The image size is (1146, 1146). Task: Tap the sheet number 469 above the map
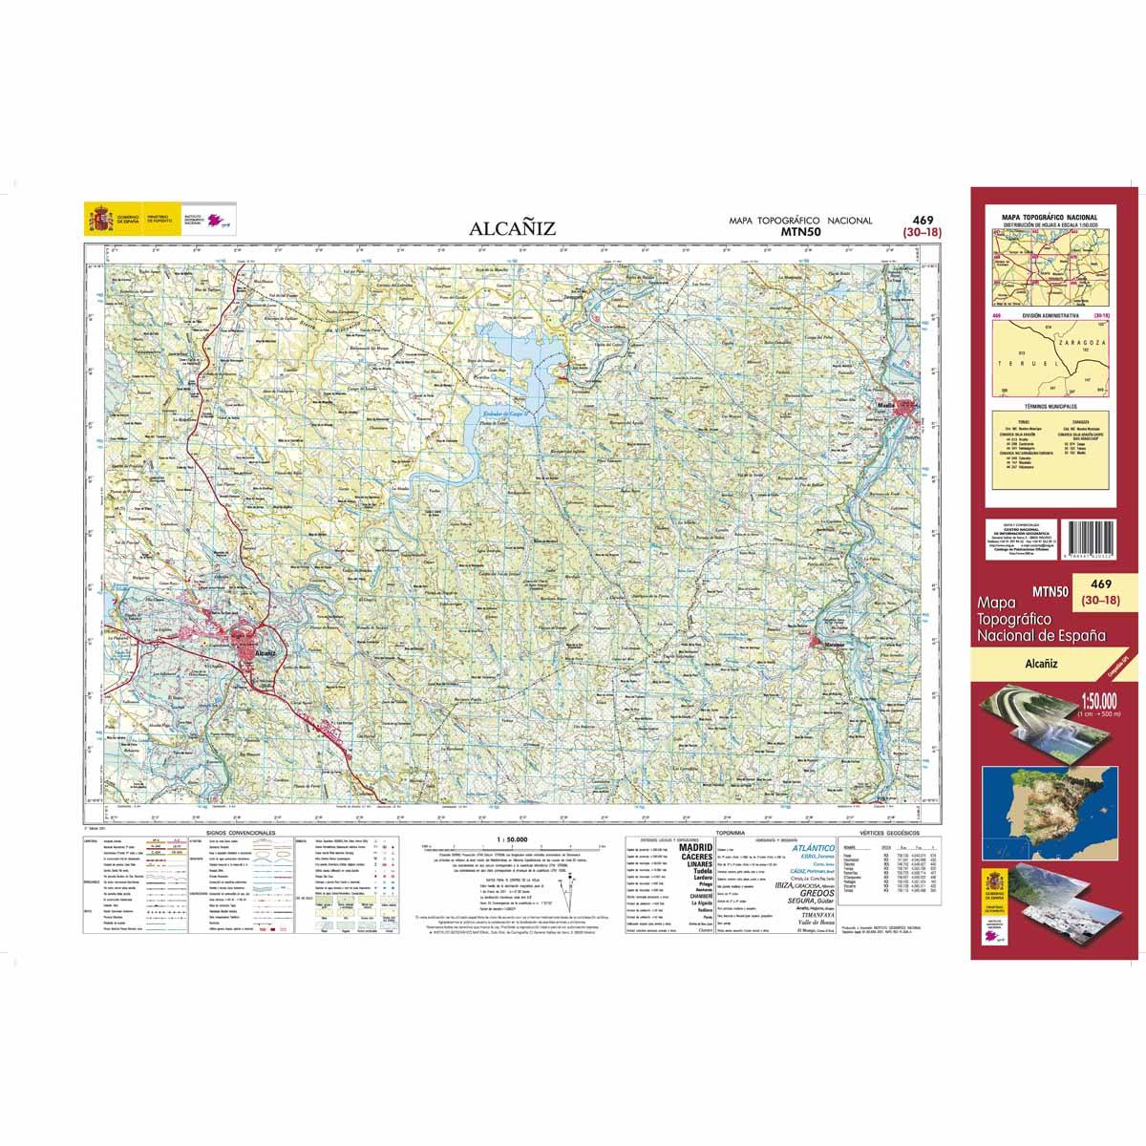[x=923, y=219]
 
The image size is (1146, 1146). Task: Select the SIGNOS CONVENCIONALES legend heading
[x=233, y=833]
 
